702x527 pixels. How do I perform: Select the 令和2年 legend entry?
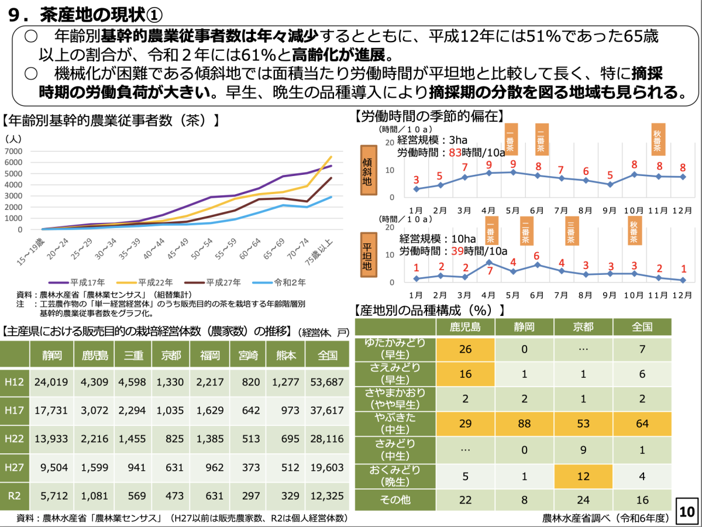pyautogui.click(x=288, y=282)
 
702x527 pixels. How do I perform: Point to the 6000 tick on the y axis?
pyautogui.click(x=14, y=162)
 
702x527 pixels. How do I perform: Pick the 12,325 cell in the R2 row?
pyautogui.click(x=328, y=496)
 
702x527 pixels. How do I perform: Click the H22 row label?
pyautogui.click(x=14, y=439)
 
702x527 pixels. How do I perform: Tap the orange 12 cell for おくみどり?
pyautogui.click(x=583, y=476)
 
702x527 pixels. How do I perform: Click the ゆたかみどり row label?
pyautogui.click(x=395, y=349)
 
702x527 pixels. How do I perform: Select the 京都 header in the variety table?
pyautogui.click(x=583, y=326)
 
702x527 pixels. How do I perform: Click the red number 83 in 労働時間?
pyautogui.click(x=456, y=153)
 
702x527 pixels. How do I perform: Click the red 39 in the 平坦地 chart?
pyautogui.click(x=457, y=250)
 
